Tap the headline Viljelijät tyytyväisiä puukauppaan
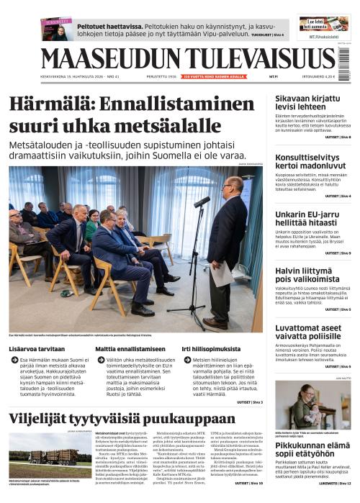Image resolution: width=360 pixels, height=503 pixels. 121,420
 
